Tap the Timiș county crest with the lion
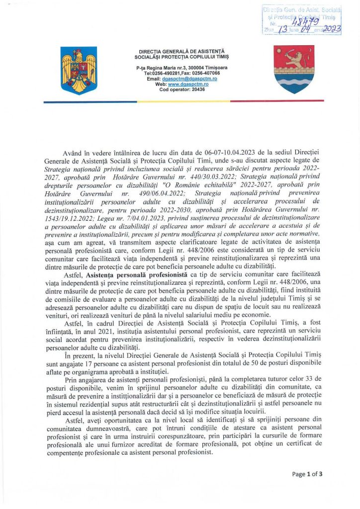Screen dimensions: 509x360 click(293, 70)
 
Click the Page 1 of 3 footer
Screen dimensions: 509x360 click(307, 474)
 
